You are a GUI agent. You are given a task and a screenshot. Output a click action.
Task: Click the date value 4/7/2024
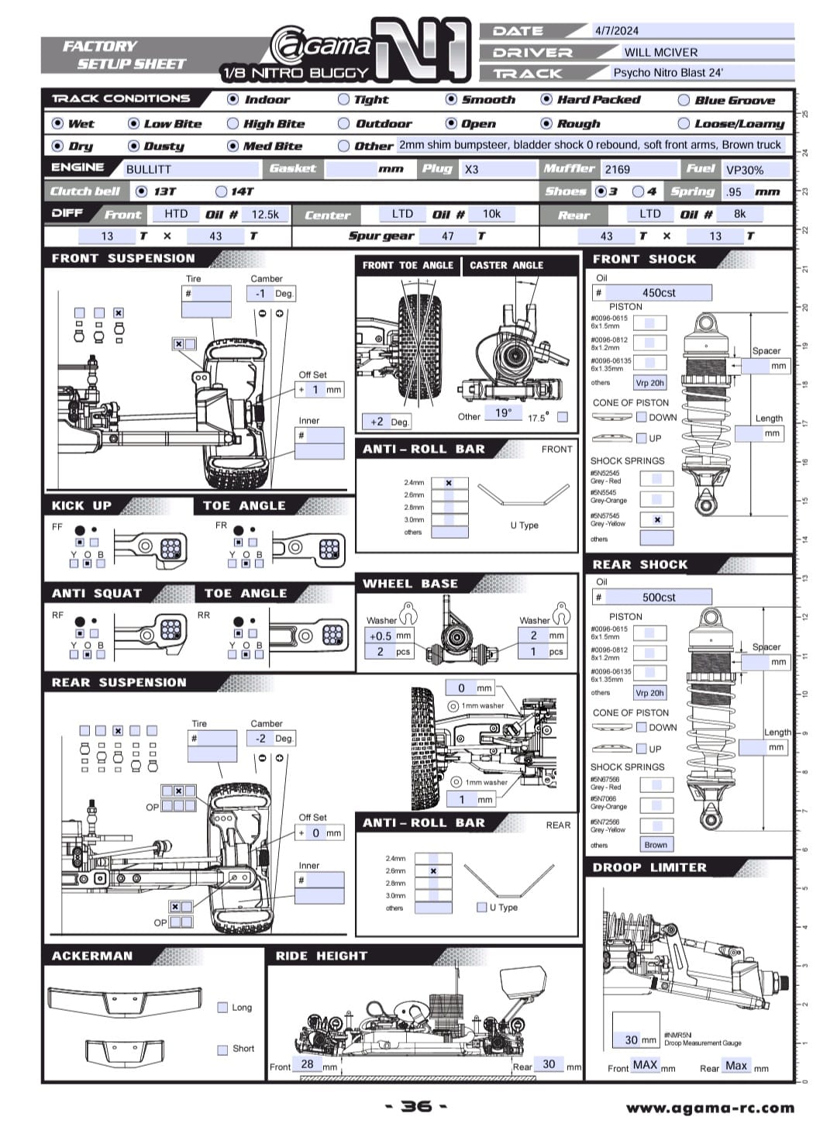616,31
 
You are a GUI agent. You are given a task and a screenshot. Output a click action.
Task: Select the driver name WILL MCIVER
660,52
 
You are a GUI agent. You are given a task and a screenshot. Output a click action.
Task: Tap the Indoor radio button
233,99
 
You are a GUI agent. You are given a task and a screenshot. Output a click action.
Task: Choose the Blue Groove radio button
684,100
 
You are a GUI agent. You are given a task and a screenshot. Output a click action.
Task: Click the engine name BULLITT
149,169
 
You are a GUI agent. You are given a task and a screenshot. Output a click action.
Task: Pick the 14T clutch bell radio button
222,191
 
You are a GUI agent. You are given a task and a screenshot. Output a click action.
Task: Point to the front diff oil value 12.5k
265,214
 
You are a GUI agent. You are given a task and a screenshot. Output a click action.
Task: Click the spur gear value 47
448,236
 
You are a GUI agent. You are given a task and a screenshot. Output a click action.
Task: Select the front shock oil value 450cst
659,292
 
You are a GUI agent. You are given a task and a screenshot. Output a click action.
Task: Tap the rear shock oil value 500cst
659,597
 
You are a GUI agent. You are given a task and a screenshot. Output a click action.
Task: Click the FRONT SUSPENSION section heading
123,258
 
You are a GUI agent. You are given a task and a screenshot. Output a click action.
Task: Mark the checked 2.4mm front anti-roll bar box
449,483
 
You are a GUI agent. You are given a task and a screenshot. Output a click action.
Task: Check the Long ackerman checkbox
223,1008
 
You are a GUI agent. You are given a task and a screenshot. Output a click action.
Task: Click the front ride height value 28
307,1064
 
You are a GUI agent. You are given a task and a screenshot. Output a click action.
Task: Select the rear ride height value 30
549,1064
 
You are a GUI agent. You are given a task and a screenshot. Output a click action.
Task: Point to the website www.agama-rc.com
710,1108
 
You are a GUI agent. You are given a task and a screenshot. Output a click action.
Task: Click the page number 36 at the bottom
417,1106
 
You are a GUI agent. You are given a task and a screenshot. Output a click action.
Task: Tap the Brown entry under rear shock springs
656,845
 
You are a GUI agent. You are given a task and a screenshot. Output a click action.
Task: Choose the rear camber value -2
261,739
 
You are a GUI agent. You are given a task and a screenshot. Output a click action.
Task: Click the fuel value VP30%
745,169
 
